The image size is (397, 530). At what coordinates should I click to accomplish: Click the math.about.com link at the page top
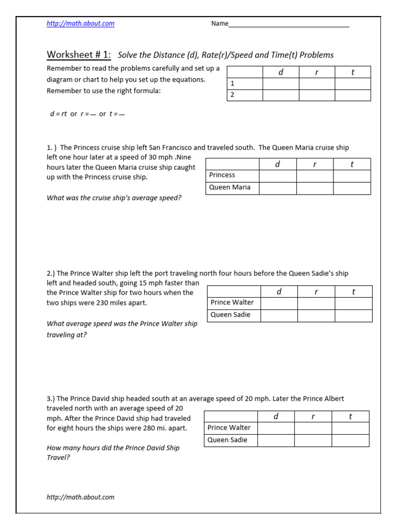[x=81, y=23]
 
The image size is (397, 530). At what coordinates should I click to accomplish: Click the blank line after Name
[x=288, y=24]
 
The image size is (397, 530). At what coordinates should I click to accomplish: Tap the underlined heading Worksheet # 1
[x=79, y=55]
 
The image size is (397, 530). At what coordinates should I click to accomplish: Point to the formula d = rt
[x=57, y=114]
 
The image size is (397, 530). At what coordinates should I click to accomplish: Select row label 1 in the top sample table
[x=233, y=83]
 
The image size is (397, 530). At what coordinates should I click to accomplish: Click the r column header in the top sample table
[x=316, y=72]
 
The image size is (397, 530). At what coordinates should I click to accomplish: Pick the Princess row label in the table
[x=222, y=175]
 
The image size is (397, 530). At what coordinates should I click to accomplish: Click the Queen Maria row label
[x=230, y=187]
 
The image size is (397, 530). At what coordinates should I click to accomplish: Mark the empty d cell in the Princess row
[x=277, y=176]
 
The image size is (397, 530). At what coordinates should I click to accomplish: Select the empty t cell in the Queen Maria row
[x=352, y=188]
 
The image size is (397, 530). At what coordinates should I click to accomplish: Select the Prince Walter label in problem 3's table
[x=229, y=428]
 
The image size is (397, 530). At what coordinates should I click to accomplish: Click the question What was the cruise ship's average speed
[x=114, y=198]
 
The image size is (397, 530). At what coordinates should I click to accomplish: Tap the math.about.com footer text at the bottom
[x=81, y=497]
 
